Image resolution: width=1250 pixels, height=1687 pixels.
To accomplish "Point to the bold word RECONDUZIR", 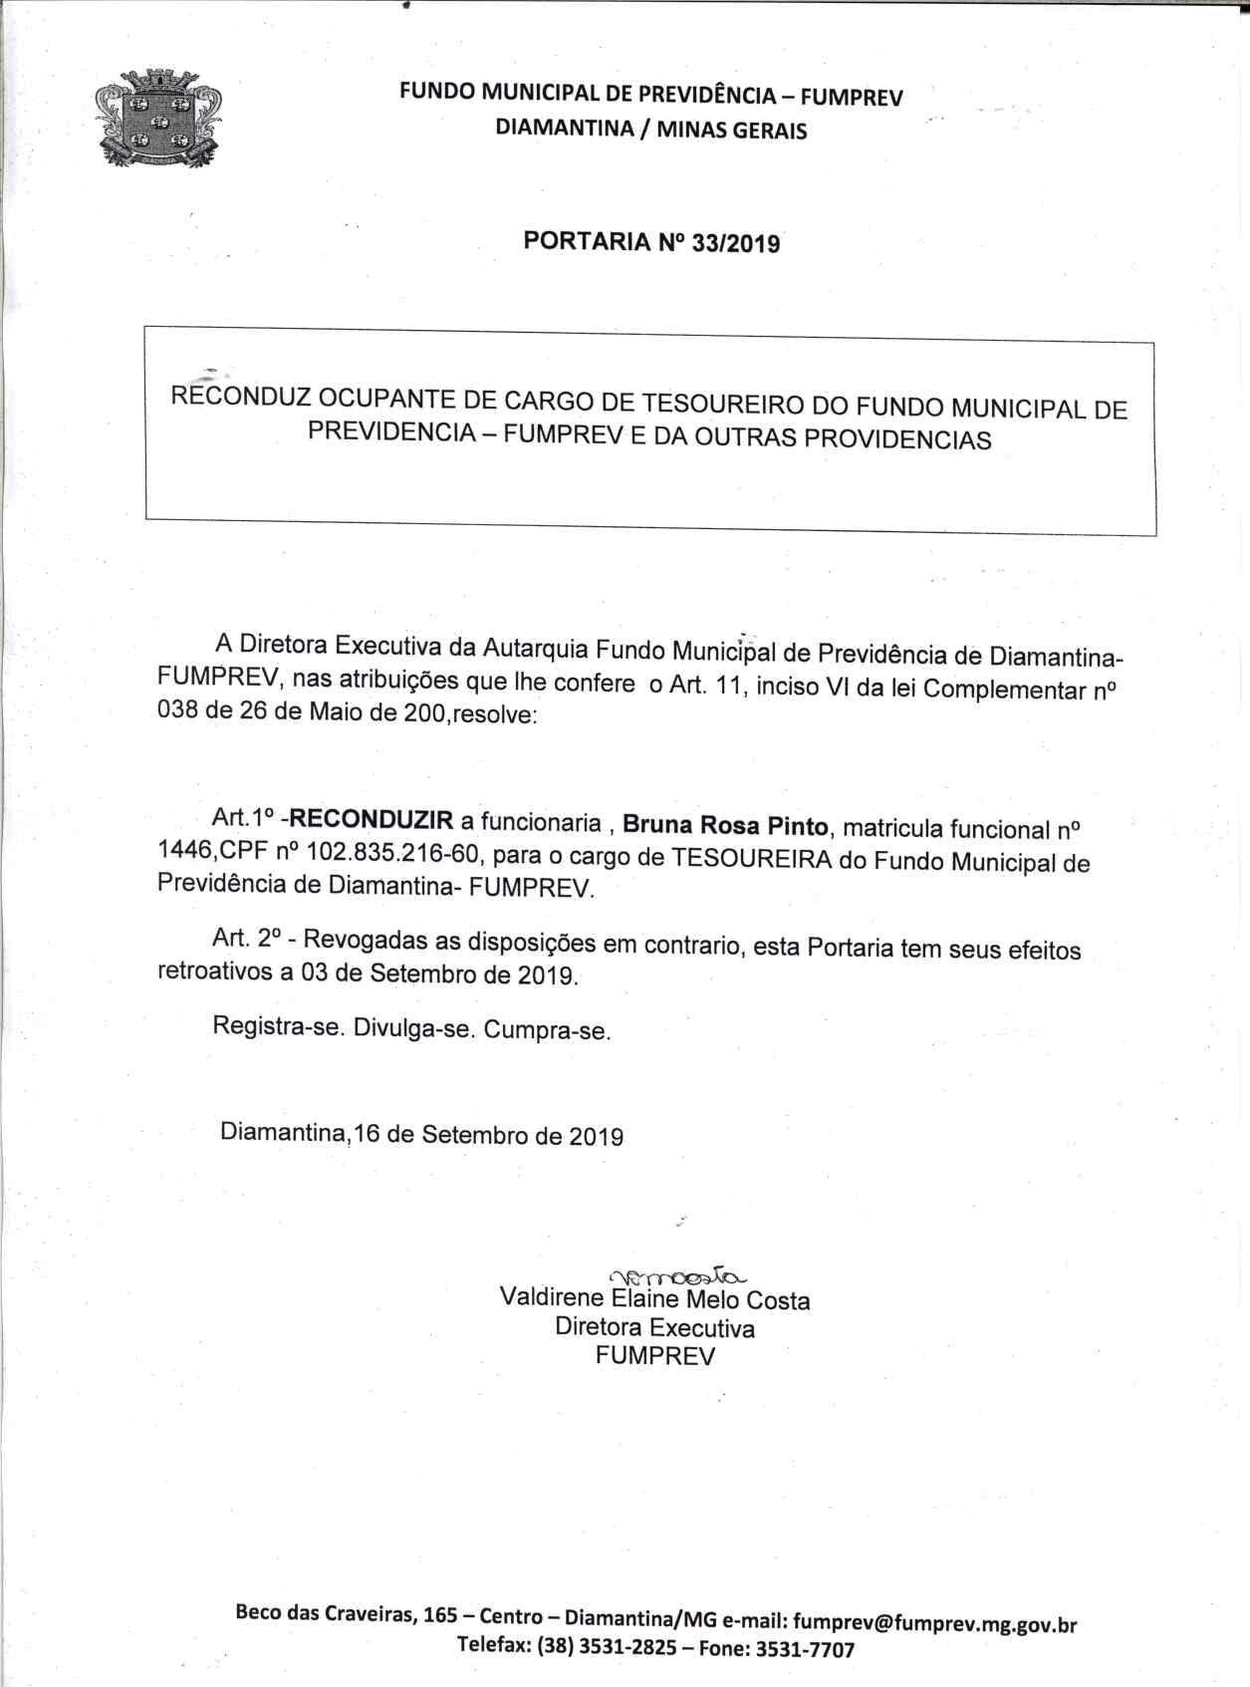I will coord(372,820).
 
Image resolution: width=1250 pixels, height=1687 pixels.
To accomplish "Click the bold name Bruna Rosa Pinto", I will coord(726,825).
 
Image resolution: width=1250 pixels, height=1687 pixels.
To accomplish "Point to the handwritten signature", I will coord(676,1275).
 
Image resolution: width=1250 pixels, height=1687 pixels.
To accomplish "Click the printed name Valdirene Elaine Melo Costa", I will coord(654,1299).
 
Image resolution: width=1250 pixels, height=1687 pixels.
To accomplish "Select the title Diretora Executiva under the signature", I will coord(654,1327).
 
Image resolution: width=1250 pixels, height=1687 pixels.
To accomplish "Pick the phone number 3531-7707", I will coord(804,1649).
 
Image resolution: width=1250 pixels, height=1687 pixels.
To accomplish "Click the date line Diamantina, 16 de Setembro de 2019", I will coord(422,1134).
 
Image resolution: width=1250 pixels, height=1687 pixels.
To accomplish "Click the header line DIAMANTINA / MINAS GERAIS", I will coord(651,130).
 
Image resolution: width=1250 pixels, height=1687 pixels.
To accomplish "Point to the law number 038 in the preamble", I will coord(180,713).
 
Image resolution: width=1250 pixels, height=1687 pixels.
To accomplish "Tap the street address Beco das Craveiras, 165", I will coord(340,1614).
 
